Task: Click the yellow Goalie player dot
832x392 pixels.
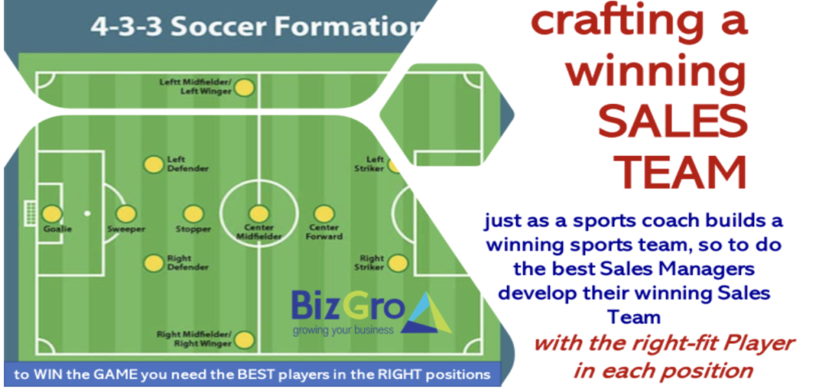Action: (x=52, y=214)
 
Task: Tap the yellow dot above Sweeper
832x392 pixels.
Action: (x=126, y=214)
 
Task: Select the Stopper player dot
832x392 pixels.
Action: (x=193, y=214)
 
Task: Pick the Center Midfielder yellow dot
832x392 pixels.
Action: (x=259, y=214)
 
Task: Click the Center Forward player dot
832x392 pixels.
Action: (x=323, y=214)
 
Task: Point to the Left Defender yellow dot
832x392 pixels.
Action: (x=154, y=164)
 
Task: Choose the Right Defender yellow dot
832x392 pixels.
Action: (x=154, y=263)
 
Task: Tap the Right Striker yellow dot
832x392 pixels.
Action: (x=397, y=263)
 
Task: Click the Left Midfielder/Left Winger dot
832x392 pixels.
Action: (x=244, y=88)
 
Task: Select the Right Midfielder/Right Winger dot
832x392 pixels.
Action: (x=244, y=339)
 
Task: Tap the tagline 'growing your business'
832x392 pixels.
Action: (x=343, y=330)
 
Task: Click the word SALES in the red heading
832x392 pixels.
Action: (x=674, y=121)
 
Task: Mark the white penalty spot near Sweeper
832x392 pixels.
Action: (x=87, y=213)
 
